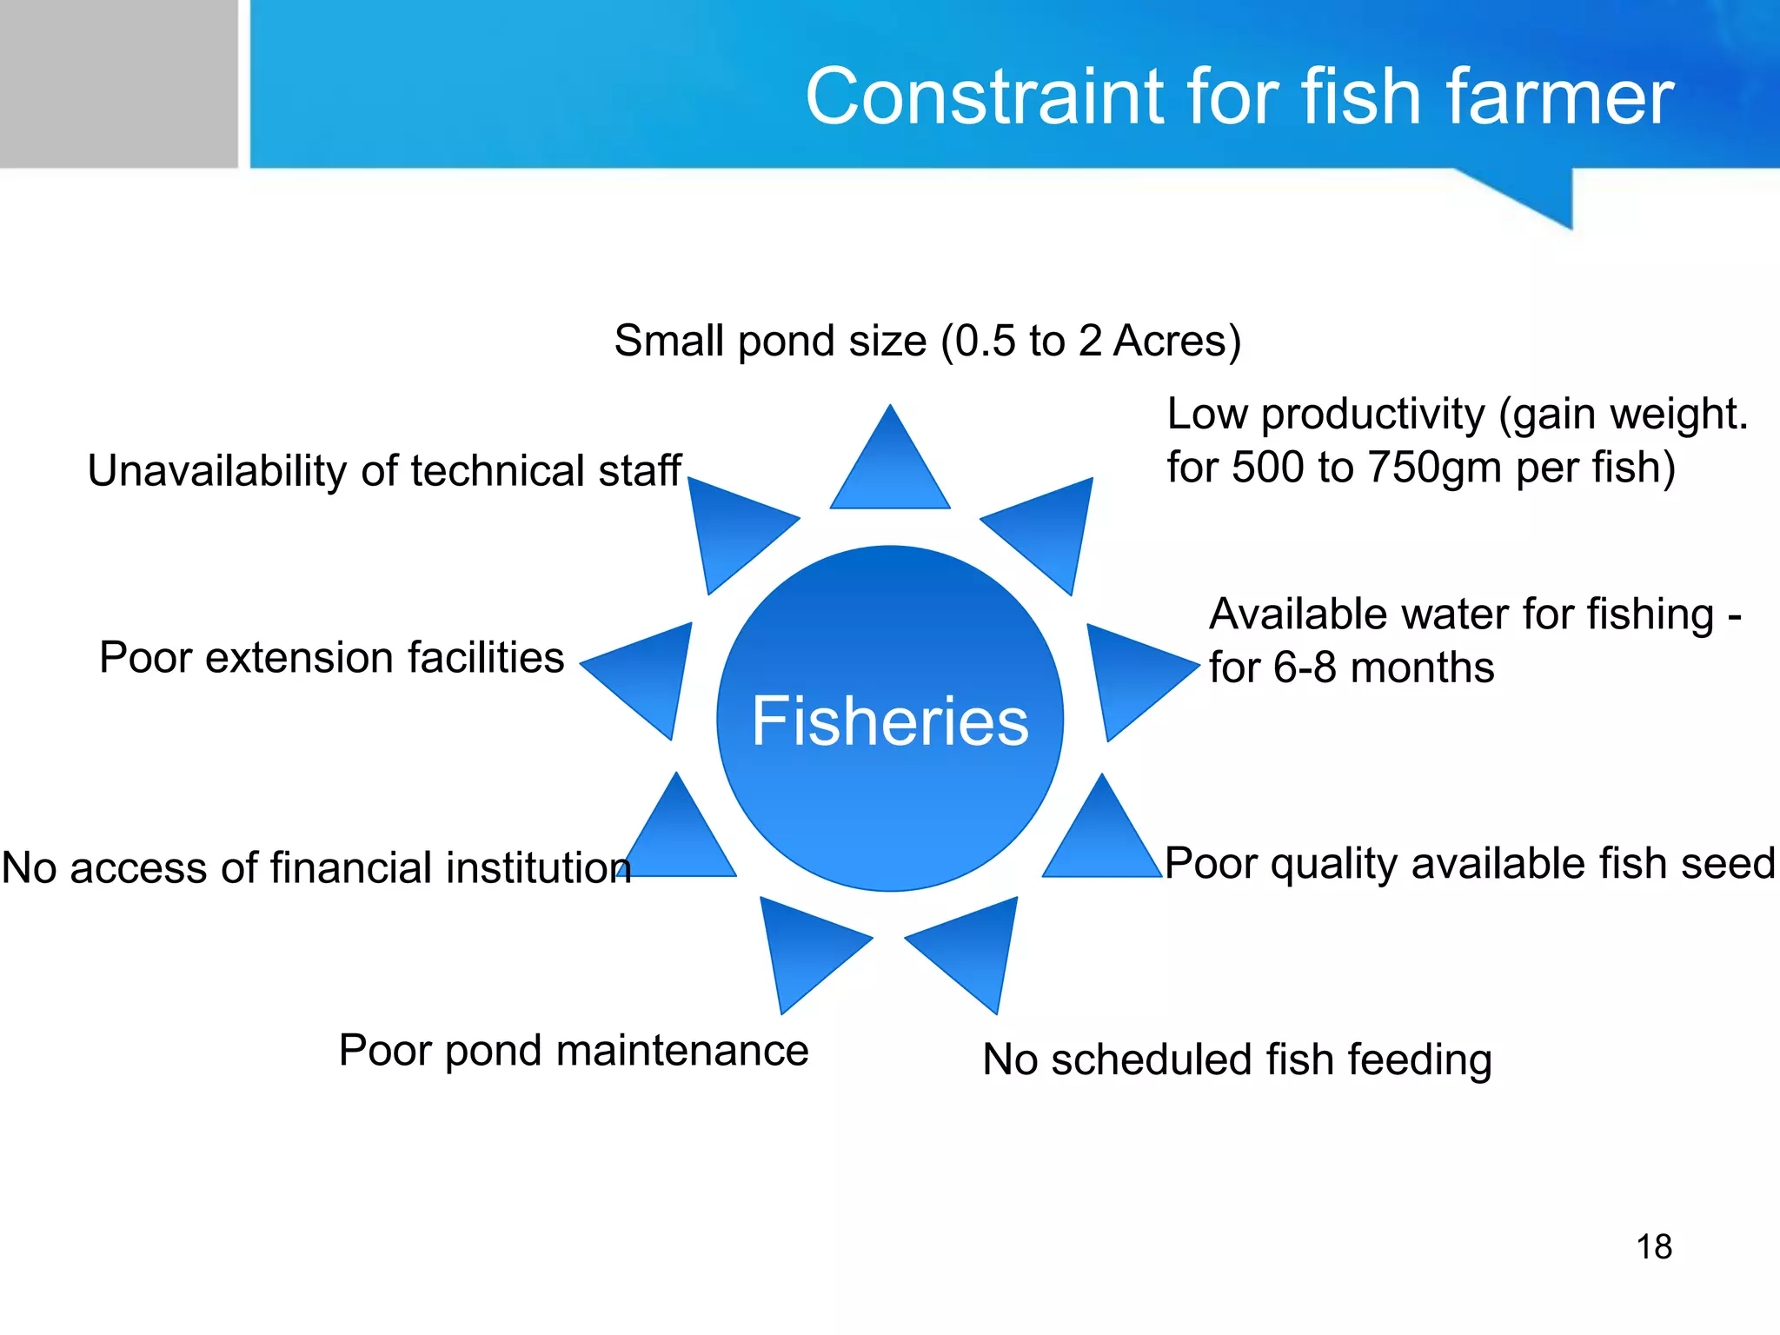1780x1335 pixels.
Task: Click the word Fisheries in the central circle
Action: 890,721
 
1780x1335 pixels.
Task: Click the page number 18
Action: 1654,1247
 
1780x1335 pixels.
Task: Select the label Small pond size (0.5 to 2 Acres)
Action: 927,341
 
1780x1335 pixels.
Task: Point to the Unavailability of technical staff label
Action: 384,471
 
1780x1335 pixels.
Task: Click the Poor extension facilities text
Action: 331,658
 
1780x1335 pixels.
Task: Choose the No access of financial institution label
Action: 316,868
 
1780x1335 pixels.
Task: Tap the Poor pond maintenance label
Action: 574,1051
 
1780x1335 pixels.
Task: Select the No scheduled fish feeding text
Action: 1237,1060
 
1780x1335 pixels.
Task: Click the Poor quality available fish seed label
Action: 1470,864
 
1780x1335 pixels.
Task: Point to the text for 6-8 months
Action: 1352,668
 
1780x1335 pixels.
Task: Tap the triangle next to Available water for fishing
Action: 1130,674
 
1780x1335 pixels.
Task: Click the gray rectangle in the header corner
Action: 118,83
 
